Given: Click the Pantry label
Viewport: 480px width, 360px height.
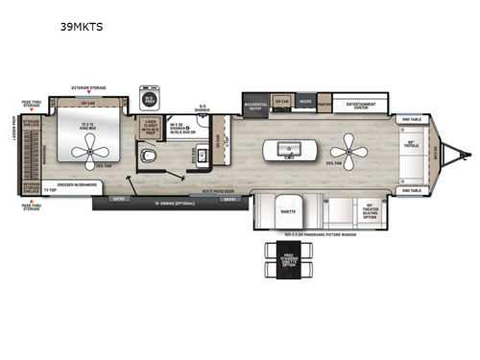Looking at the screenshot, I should tap(324, 103).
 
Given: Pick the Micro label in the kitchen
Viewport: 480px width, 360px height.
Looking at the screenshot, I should tap(304, 100).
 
